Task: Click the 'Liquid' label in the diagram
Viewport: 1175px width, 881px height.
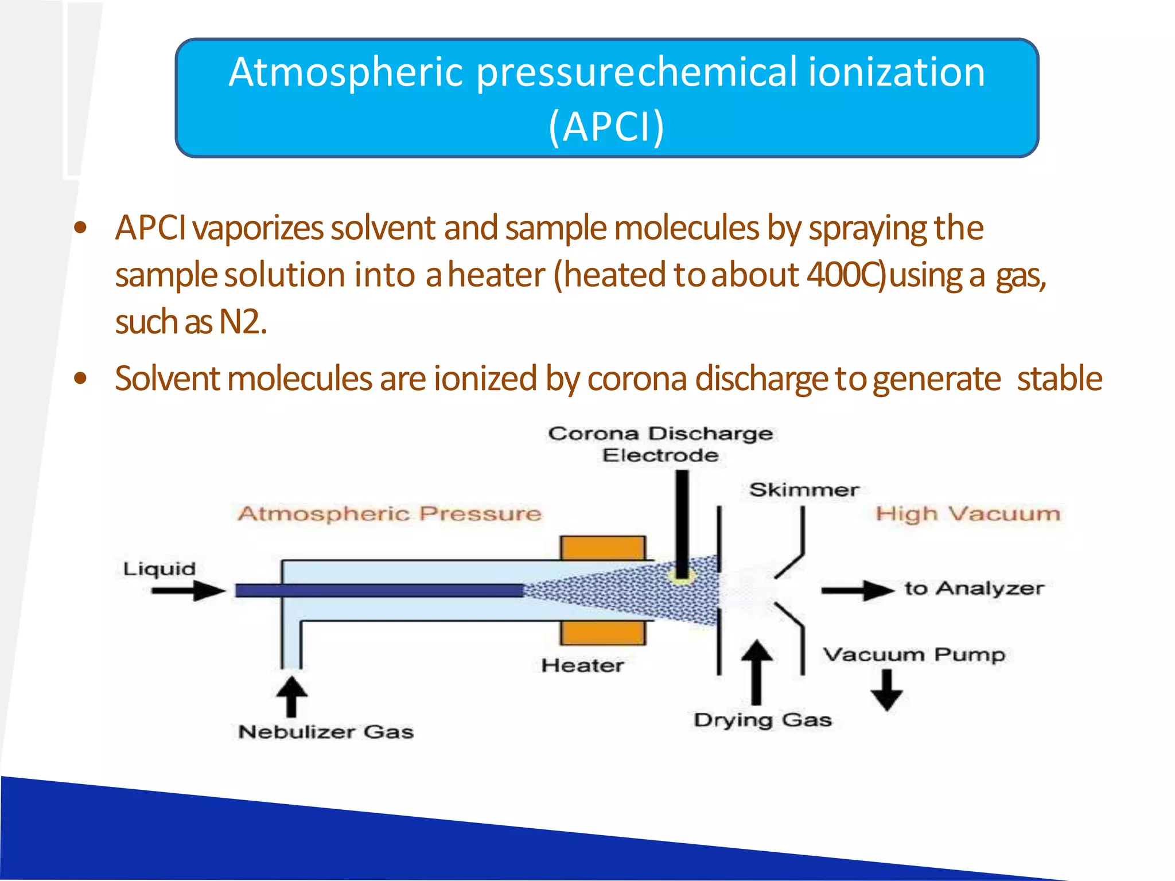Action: (x=159, y=569)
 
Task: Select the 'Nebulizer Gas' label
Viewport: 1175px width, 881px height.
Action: (x=325, y=732)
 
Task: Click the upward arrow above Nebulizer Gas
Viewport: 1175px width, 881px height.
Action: (x=291, y=696)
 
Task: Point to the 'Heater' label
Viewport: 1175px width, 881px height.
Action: (x=582, y=665)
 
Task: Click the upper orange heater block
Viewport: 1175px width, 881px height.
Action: (x=603, y=547)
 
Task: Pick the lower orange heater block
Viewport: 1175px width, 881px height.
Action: (x=603, y=633)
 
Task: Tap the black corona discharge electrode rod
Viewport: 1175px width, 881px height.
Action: (x=682, y=516)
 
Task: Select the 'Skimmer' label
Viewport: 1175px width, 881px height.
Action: (x=804, y=490)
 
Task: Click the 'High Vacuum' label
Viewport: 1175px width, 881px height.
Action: (x=968, y=513)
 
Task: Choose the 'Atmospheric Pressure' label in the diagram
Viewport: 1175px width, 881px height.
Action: (x=390, y=513)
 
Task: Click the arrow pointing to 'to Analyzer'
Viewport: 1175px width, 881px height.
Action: (x=857, y=590)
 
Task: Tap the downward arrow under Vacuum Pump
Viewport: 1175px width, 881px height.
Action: (x=886, y=690)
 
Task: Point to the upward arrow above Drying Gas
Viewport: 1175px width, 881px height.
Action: (x=757, y=671)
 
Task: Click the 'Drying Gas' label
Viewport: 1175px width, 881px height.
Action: (x=762, y=720)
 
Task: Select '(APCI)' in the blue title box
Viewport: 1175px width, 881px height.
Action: (x=606, y=126)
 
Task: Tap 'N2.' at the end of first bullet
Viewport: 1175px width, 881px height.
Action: (x=243, y=322)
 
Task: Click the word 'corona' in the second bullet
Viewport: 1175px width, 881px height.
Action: (x=637, y=379)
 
